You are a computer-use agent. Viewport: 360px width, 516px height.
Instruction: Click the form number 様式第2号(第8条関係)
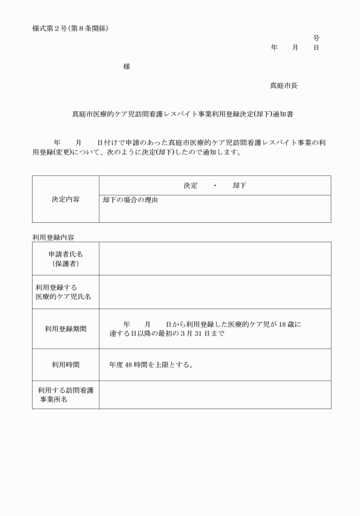pyautogui.click(x=70, y=28)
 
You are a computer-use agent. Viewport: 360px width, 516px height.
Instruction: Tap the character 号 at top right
pyautogui.click(x=317, y=38)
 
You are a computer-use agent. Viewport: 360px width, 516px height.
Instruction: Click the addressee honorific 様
pyautogui.click(x=126, y=67)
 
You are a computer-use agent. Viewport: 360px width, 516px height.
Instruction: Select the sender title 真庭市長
pyautogui.click(x=283, y=86)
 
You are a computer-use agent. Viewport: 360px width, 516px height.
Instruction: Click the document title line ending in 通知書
pyautogui.click(x=182, y=114)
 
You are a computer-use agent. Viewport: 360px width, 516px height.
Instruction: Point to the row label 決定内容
pyautogui.click(x=66, y=199)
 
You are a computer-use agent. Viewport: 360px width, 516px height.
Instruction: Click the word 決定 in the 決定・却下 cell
pyautogui.click(x=190, y=186)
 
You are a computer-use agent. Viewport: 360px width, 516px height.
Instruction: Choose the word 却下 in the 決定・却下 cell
pyautogui.click(x=240, y=186)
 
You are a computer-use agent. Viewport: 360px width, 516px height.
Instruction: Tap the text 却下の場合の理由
pyautogui.click(x=130, y=201)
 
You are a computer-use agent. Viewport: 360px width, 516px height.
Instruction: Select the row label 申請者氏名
pyautogui.click(x=66, y=254)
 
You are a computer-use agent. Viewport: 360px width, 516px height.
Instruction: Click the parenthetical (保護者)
pyautogui.click(x=66, y=263)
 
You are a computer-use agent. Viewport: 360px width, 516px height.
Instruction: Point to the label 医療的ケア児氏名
pyautogui.click(x=63, y=297)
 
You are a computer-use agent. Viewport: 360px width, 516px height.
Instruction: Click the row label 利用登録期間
pyautogui.click(x=66, y=329)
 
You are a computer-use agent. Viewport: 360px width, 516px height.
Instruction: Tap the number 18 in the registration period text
pyautogui.click(x=282, y=324)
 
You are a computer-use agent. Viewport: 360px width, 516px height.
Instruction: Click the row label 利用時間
pyautogui.click(x=66, y=365)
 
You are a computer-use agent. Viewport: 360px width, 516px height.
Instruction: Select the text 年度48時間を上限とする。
pyautogui.click(x=151, y=365)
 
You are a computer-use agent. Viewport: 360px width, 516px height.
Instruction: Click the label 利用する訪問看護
pyautogui.click(x=66, y=390)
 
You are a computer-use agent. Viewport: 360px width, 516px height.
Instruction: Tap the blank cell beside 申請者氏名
pyautogui.click(x=215, y=258)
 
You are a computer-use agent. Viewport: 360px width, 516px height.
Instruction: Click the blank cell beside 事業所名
pyautogui.click(x=215, y=395)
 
